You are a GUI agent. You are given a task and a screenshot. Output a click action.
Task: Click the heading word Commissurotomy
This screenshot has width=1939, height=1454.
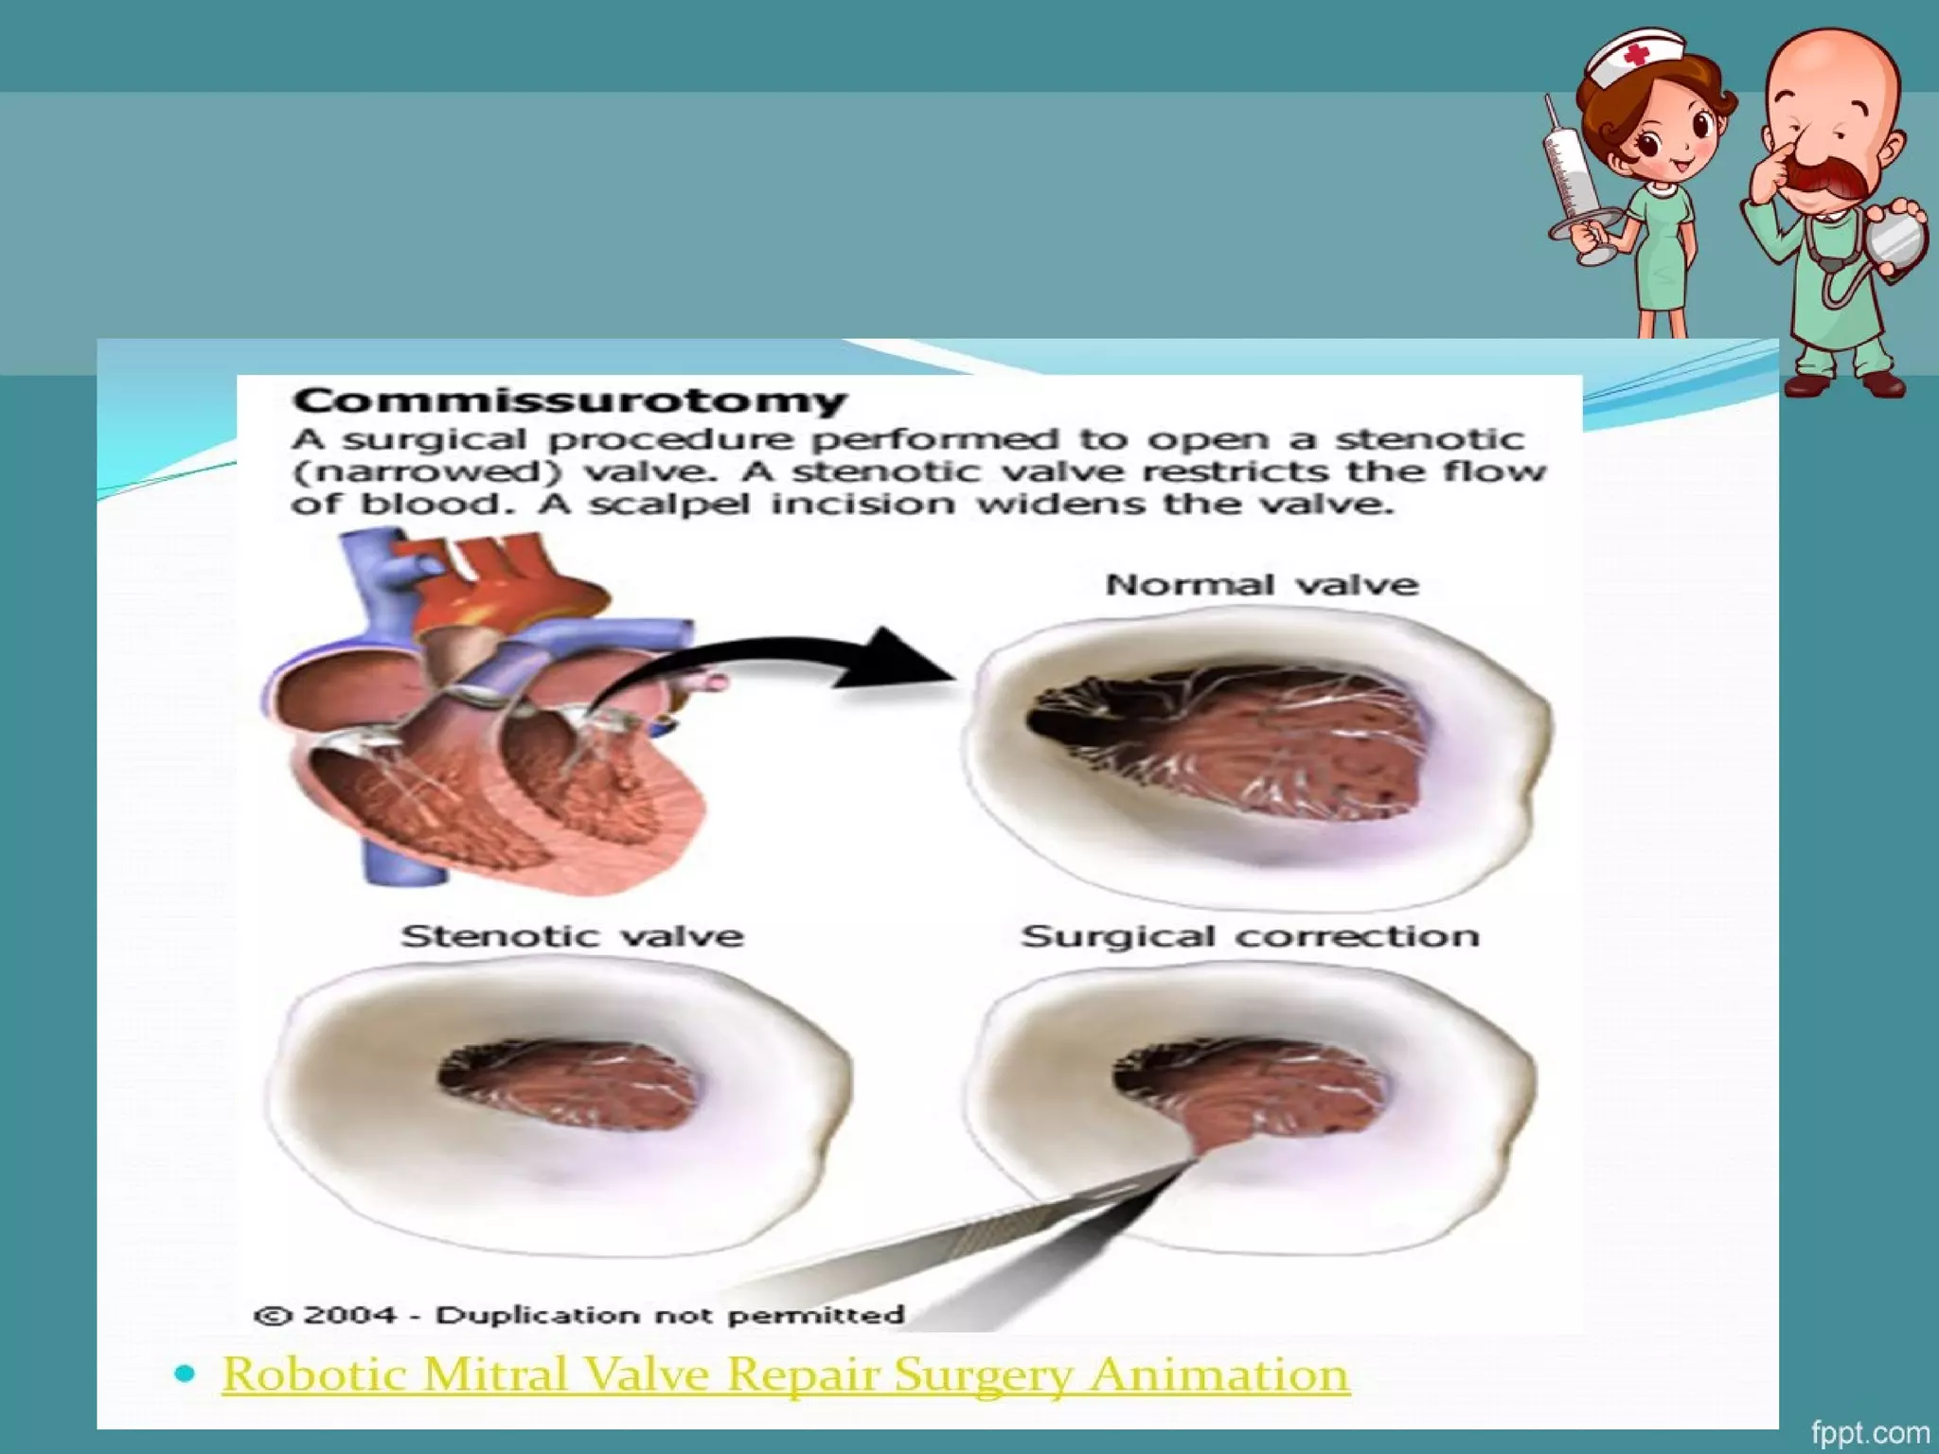click(x=570, y=400)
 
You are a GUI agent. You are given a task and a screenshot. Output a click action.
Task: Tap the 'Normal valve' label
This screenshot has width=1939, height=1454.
click(x=1262, y=584)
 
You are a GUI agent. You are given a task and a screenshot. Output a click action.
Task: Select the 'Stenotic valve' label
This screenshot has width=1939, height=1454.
click(x=572, y=936)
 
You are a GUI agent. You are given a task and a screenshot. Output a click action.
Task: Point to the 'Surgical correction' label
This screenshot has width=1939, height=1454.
click(x=1250, y=936)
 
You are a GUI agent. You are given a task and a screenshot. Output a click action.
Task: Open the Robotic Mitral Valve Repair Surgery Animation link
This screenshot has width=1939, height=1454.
click(x=786, y=1374)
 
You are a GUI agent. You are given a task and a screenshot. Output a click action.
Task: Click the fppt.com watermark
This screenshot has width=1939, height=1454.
click(x=1870, y=1433)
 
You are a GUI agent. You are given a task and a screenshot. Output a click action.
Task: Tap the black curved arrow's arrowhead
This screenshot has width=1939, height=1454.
click(x=909, y=657)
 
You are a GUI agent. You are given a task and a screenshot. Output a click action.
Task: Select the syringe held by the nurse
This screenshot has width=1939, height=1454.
click(x=1571, y=180)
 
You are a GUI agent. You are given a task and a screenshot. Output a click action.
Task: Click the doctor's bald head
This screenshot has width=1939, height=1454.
click(x=1832, y=66)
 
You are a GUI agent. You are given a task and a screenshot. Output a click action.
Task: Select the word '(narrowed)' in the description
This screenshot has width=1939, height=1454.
click(x=426, y=471)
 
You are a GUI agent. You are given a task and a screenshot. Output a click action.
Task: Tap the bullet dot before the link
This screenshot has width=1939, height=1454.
click(x=186, y=1373)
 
